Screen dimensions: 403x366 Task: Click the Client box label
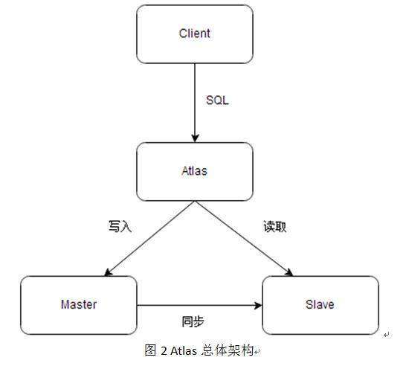tap(195, 33)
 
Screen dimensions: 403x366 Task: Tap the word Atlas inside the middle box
tap(194, 171)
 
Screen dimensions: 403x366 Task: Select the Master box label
tap(79, 304)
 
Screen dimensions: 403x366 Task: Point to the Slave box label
tap(320, 304)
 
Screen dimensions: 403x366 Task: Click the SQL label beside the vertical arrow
tap(217, 100)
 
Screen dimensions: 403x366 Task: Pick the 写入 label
tap(120, 227)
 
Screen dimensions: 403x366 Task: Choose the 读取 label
tap(275, 227)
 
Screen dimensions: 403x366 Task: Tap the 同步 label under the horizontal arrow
tap(193, 321)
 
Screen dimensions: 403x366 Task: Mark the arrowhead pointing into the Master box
tap(108, 272)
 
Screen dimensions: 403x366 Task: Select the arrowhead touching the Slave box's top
tap(289, 272)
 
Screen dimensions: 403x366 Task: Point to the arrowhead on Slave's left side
tap(258, 306)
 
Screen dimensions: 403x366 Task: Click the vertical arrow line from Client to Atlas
tap(195, 103)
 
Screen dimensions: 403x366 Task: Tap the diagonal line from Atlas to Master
tap(149, 239)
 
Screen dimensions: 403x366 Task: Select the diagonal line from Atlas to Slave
tap(244, 239)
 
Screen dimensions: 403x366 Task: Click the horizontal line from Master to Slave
tap(199, 306)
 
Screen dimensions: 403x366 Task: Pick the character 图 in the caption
tap(150, 350)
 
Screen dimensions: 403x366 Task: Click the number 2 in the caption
tap(164, 351)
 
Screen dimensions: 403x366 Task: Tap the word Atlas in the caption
tap(184, 351)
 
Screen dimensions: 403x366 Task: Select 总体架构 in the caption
tap(228, 350)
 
